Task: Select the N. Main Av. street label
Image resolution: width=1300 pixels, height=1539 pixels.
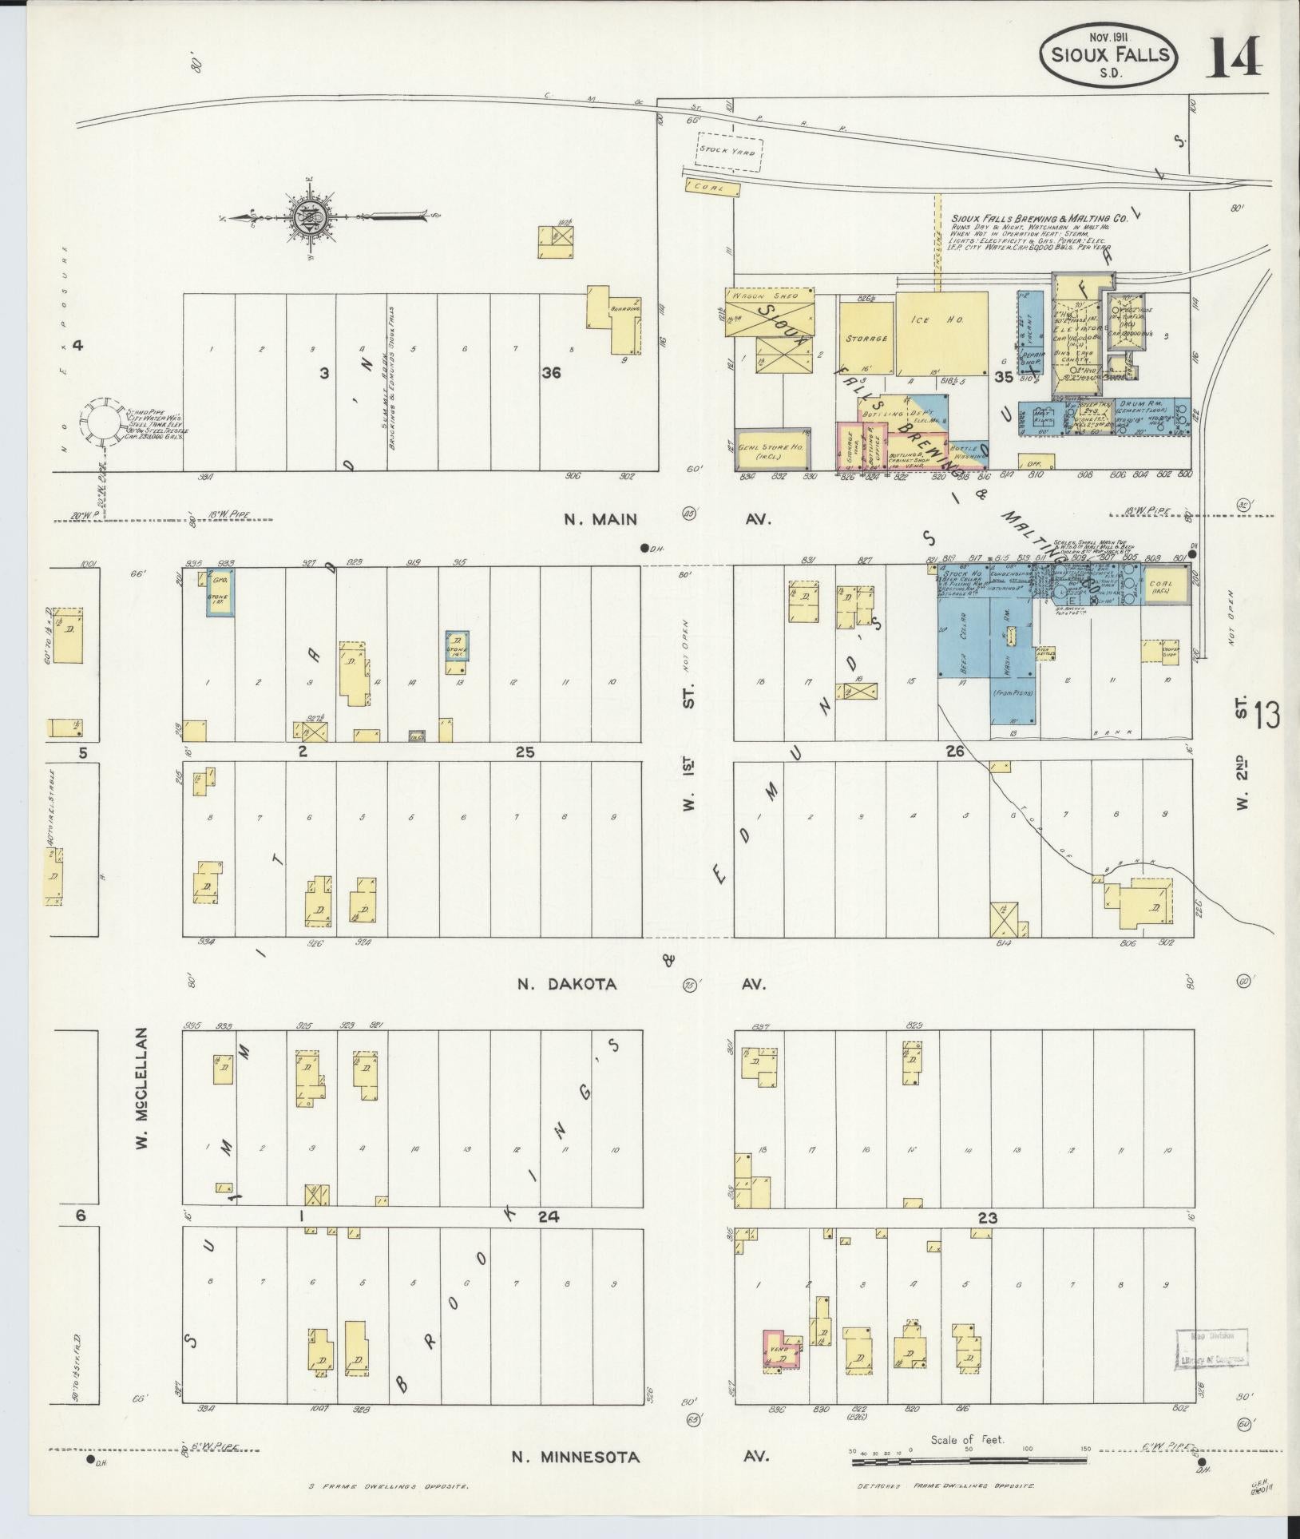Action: click(x=600, y=520)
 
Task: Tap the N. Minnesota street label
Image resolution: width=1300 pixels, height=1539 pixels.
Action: click(x=575, y=1457)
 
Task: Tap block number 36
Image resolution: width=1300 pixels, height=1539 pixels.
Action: click(x=549, y=372)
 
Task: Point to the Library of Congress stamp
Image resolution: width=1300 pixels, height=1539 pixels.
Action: click(x=1211, y=1352)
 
